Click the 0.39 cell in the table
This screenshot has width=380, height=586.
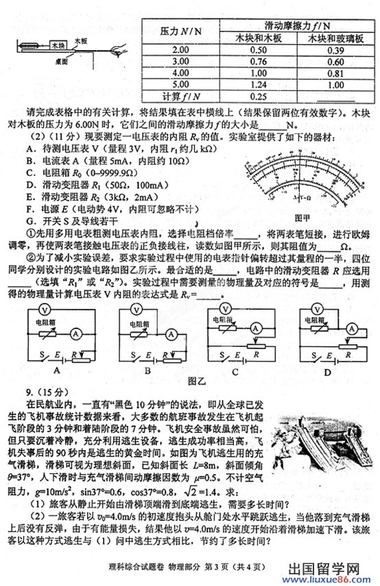335,50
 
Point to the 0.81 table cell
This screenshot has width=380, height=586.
335,74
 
